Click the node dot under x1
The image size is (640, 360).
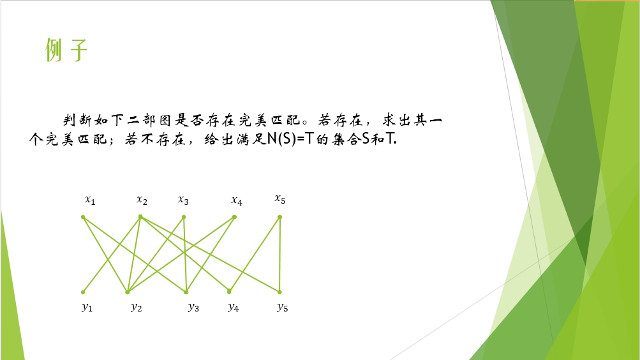83,217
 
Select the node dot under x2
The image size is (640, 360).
140,217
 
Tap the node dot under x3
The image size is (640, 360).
184,217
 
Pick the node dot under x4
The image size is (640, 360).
234,217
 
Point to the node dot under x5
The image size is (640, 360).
279,217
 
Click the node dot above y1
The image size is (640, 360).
83,292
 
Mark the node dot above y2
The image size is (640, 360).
128,292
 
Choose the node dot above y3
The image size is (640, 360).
186,292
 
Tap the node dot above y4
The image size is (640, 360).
229,292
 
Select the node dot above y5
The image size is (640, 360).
279,292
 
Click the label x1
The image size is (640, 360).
90,200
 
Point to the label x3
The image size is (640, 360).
183,200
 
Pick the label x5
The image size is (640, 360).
280,199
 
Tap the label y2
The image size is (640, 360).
137,308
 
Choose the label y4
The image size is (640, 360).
234,308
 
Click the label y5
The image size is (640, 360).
283,308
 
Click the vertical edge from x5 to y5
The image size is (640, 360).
279,255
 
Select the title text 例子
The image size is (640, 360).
66,50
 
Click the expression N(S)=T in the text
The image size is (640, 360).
290,139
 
